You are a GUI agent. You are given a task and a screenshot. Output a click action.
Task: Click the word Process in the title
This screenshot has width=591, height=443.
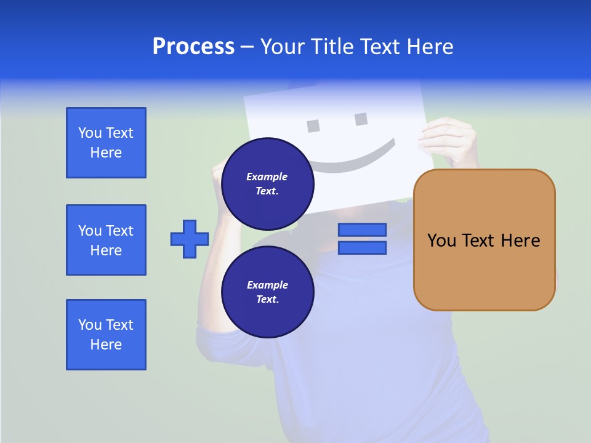pos(193,47)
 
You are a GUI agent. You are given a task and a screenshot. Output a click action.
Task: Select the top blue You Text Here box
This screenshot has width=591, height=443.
pos(106,143)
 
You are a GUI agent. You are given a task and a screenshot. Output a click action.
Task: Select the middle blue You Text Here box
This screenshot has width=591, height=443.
pos(106,240)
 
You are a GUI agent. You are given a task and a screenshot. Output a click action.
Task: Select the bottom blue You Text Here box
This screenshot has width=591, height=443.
pos(106,335)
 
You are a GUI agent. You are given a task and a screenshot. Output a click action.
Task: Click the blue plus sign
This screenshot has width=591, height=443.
pos(190,239)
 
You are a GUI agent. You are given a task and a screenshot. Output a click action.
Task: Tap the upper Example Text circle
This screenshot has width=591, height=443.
pos(267,184)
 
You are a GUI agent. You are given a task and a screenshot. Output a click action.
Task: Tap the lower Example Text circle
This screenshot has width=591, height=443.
pos(267,292)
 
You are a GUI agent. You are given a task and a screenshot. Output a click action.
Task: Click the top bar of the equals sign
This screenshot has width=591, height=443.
pos(362,230)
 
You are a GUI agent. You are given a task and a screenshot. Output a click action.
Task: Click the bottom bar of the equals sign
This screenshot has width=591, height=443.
pos(362,248)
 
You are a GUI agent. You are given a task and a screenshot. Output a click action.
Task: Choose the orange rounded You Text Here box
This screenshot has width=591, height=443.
pos(484,240)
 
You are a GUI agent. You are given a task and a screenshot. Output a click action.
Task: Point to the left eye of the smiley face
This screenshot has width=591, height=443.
pos(313,126)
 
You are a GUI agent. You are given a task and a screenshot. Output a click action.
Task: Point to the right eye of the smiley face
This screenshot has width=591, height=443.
pos(361,119)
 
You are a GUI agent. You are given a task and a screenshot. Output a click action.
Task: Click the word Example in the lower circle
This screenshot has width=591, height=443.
pos(267,285)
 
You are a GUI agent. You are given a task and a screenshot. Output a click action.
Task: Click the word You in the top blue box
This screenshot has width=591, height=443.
pos(90,133)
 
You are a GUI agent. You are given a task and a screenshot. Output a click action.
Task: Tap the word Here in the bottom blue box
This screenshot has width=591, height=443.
pos(106,345)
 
